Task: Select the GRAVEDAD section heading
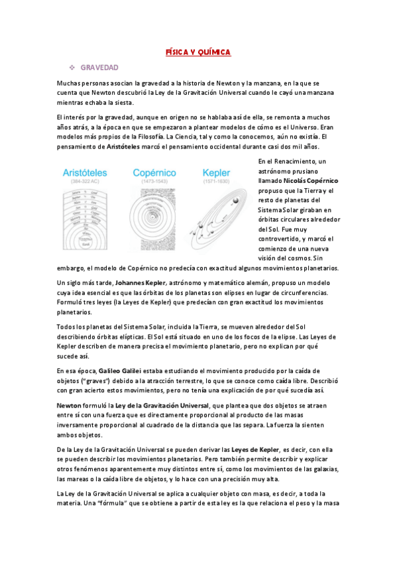pos(99,68)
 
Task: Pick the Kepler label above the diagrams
pos(217,172)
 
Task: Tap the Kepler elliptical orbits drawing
pos(219,219)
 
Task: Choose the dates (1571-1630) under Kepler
pos(217,181)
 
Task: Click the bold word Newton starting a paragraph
pos(69,404)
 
